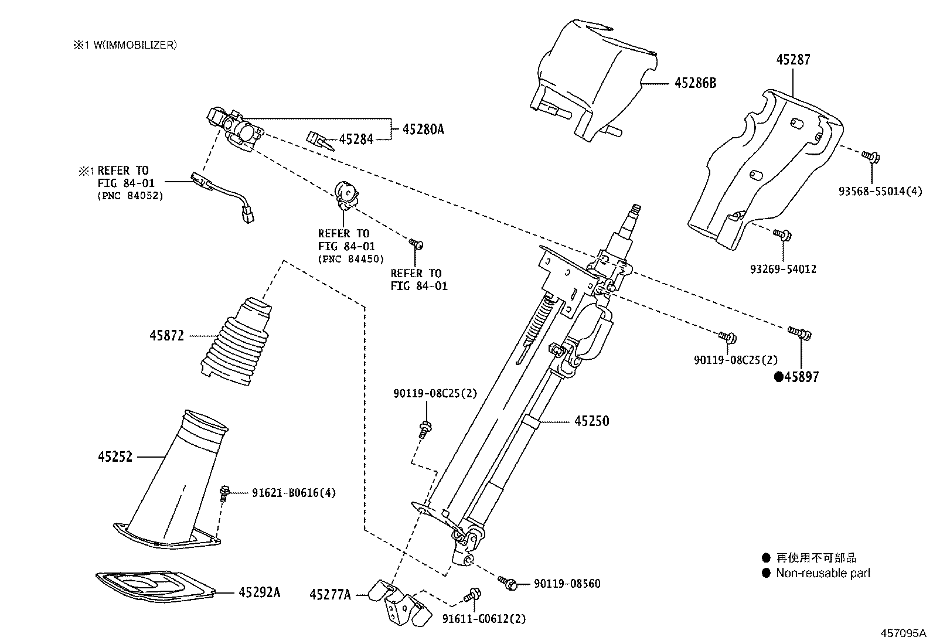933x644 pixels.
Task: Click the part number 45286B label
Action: coord(695,83)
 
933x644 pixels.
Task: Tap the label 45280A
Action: coord(423,130)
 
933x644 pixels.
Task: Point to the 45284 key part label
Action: coord(356,139)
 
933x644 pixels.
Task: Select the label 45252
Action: coord(115,456)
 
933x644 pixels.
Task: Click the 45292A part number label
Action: coord(259,592)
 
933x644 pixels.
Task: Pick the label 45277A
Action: coord(330,595)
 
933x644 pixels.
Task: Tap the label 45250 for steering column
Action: coord(591,421)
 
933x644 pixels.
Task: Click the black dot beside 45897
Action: coord(778,377)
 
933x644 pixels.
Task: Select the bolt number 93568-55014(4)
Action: coord(880,192)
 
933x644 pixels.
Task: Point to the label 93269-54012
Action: coord(783,270)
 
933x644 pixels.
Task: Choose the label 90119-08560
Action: coord(567,584)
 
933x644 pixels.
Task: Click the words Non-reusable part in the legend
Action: coord(823,573)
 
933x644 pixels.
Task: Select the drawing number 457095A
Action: coord(903,633)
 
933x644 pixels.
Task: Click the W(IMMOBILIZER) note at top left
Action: coord(124,45)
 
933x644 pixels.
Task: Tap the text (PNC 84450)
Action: coord(350,259)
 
